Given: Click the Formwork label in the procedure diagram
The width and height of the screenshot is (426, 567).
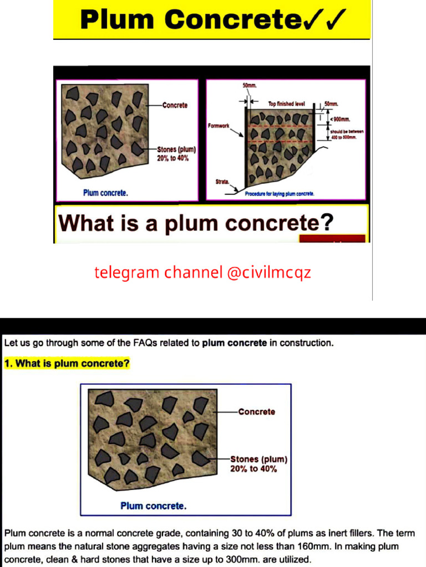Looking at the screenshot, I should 219,126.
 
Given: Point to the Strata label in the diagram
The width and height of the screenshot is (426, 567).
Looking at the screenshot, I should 222,182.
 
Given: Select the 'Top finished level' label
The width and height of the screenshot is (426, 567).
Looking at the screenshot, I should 286,104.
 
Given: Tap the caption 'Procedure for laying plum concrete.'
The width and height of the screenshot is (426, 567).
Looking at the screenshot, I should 280,194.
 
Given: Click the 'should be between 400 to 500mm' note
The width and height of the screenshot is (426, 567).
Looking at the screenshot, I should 343,134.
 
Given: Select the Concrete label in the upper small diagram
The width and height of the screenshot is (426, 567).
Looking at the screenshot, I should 175,105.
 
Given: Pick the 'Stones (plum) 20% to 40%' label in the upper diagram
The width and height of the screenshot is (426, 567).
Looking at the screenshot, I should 176,153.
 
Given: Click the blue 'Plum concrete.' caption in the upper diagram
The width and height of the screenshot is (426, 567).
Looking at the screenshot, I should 105,193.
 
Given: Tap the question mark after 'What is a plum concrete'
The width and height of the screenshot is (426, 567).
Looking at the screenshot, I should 327,223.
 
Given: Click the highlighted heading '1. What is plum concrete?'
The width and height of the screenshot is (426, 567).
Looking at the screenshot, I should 67,364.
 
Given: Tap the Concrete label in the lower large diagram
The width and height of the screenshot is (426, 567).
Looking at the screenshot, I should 256,411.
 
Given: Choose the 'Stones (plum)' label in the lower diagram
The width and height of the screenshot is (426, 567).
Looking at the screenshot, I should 258,459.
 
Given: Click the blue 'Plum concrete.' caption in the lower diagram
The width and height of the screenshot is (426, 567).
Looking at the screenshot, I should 153,506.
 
